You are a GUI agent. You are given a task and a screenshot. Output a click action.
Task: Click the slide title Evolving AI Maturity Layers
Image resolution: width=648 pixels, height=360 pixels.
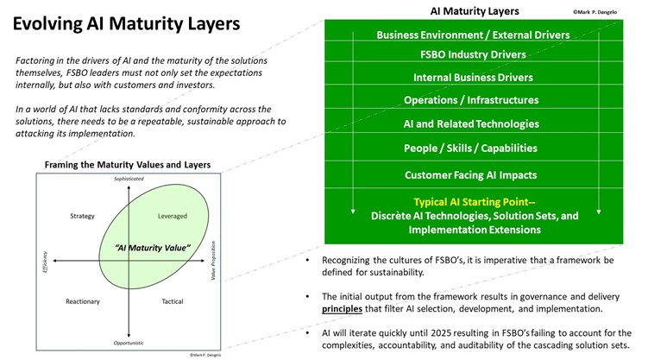pos(126,23)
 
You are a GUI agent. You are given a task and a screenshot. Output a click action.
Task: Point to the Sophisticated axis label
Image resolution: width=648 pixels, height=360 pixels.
pos(128,178)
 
